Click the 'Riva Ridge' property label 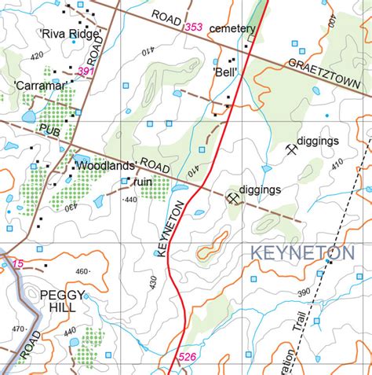click(68, 34)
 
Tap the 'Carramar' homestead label click(38, 83)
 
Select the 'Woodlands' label click(107, 167)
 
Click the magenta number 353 click(192, 28)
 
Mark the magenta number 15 click(17, 263)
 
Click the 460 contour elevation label click(82, 273)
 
